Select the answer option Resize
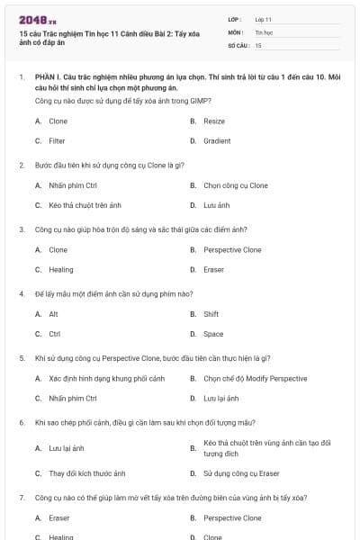coord(214,121)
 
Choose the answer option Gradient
coord(217,141)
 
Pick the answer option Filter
coord(57,141)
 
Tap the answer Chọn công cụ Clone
coord(235,185)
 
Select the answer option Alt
coord(53,314)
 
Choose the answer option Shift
coord(211,314)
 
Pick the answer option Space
coord(213,334)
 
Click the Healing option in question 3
coord(61,269)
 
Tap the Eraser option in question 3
coord(214,269)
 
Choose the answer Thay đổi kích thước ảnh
coord(86,472)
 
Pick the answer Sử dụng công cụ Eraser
coord(241,472)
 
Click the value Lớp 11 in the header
coord(264,18)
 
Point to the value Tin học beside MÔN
coord(263,31)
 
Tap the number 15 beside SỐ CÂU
coord(258,44)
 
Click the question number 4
coord(22,293)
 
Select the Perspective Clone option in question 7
coord(232,517)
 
